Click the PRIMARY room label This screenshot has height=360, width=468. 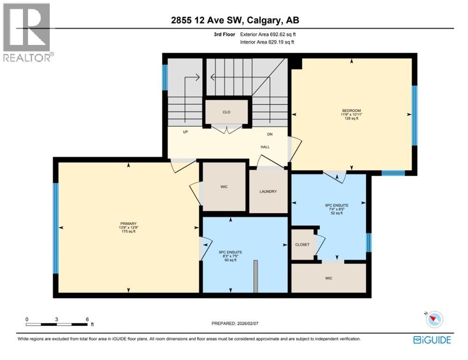tap(128, 224)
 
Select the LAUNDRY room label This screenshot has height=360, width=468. tap(268, 192)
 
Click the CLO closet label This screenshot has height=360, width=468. tap(227, 112)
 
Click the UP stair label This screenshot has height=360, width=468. tap(186, 133)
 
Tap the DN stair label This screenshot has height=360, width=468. tap(270, 135)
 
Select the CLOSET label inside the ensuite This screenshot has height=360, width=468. tap(302, 245)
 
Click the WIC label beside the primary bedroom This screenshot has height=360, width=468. tap(224, 187)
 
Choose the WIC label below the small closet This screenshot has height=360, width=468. tap(328, 278)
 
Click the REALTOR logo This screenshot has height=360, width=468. tap(27, 32)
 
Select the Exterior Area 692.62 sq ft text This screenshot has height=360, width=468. tap(267, 34)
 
